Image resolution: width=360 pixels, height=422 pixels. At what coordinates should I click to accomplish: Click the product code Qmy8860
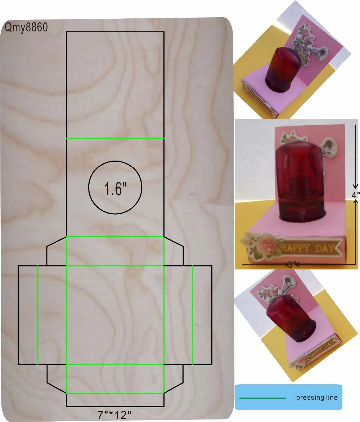pyautogui.click(x=26, y=27)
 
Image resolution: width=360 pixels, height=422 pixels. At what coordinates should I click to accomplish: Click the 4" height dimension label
pyautogui.click(x=355, y=195)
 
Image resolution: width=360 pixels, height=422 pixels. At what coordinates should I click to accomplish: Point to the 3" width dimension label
pyautogui.click(x=291, y=265)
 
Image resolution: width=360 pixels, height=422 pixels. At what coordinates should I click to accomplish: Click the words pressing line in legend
pyautogui.click(x=317, y=398)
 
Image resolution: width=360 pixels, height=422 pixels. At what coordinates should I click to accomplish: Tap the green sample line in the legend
pyautogui.click(x=262, y=398)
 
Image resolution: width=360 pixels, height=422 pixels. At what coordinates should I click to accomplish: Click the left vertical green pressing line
pyautogui.click(x=38, y=315)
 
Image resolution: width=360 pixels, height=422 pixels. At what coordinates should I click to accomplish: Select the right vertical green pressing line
pyautogui.click(x=192, y=315)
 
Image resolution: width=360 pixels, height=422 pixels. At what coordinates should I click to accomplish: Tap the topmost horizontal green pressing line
pyautogui.click(x=115, y=138)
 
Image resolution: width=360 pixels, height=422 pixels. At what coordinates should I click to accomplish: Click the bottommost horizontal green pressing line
pyautogui.click(x=115, y=393)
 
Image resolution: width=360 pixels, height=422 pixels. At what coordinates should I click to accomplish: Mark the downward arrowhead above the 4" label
pyautogui.click(x=355, y=186)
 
